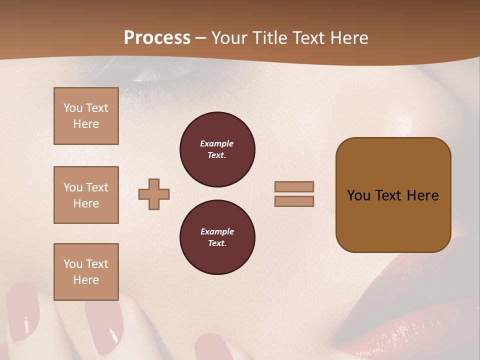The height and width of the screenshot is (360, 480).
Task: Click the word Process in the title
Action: click(157, 38)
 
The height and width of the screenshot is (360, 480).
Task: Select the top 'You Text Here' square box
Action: click(86, 116)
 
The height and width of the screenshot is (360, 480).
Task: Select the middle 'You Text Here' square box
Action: click(86, 195)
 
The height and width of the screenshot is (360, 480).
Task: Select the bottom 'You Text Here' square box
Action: click(86, 272)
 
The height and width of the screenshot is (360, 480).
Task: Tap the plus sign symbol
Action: click(154, 194)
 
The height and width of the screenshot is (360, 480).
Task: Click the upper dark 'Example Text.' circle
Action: click(217, 149)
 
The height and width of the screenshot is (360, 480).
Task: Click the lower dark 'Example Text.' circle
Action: click(217, 237)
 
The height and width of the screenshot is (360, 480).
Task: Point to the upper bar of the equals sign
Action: click(294, 186)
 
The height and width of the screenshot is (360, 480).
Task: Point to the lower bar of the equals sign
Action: click(294, 201)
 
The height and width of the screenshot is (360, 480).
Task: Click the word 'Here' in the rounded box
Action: click(422, 195)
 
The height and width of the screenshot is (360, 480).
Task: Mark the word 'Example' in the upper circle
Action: click(217, 143)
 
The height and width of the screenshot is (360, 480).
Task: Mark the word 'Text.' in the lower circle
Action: click(217, 243)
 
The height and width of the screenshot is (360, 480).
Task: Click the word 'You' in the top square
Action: click(72, 108)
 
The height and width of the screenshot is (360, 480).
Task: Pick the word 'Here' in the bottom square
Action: click(86, 280)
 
